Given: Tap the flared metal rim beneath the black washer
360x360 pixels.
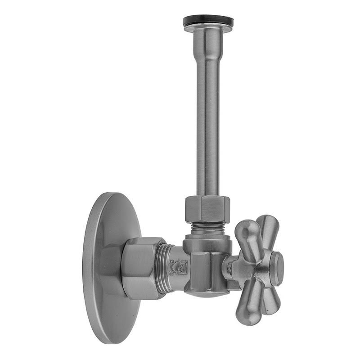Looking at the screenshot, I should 208,28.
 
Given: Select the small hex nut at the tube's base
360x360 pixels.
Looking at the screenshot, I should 207,209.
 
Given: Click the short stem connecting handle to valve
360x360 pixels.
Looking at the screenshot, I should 230,269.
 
